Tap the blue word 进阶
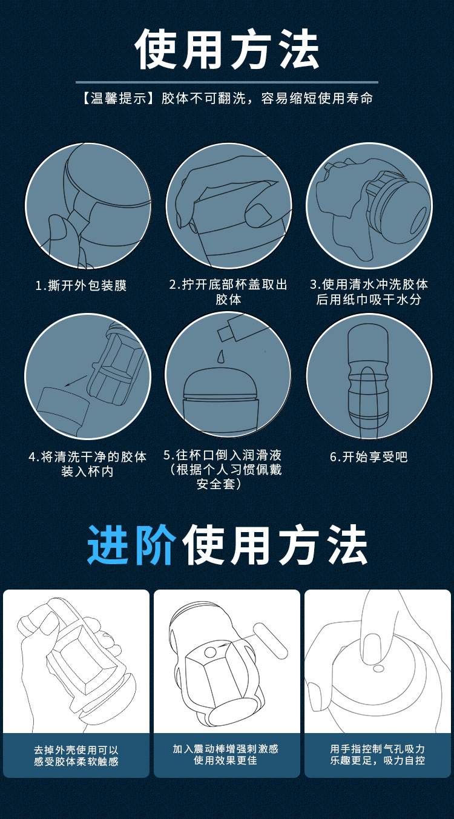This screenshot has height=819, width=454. tap(132, 545)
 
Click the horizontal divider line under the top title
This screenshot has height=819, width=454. tap(227, 82)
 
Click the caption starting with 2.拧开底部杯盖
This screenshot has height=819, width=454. tap(228, 291)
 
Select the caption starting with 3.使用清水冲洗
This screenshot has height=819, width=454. tap(369, 291)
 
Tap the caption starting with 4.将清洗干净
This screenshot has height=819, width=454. tap(88, 464)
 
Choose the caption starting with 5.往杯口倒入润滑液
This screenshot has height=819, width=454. tap(223, 469)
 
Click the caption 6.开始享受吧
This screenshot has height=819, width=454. tap(369, 457)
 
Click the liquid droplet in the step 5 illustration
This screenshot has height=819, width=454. tap(220, 354)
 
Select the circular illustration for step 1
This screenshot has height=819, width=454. tap(88, 206)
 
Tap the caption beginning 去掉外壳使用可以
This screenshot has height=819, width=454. tap(76, 755)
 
